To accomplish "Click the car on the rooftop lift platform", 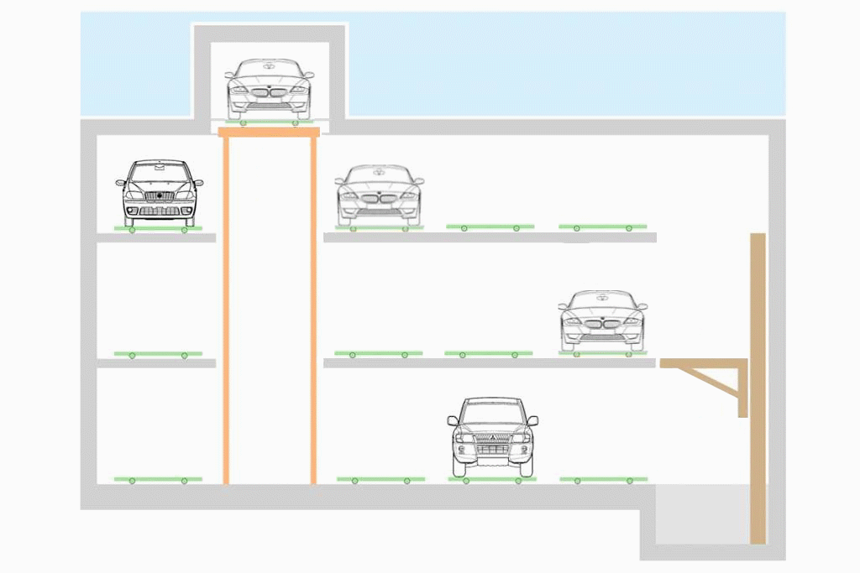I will point(269,89).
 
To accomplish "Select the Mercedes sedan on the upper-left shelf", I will point(159,192).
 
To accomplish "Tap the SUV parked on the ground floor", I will point(492,435).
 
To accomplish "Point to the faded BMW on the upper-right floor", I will point(379,195).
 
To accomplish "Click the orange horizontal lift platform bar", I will point(269,132).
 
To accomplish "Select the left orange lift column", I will point(226,310).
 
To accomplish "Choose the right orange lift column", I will point(313,310).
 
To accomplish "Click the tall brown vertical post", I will point(758,386).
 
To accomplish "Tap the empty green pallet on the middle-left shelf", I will point(158,354).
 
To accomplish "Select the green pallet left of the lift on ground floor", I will point(158,479).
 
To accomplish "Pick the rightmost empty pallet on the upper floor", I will point(603,227).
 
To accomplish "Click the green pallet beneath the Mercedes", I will point(158,228).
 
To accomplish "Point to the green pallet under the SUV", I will point(492,479).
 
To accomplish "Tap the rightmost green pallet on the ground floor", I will point(603,479).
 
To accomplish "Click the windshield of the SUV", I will point(492,413).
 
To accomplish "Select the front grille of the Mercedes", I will point(159,196).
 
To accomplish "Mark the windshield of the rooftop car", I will point(269,70).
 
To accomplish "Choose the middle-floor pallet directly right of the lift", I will point(378,354).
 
